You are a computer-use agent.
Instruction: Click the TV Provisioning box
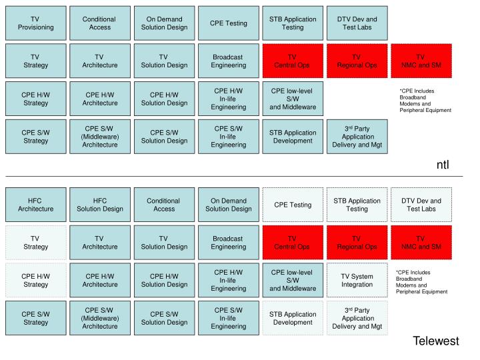click(x=36, y=23)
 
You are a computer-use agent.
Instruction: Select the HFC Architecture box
click(x=36, y=205)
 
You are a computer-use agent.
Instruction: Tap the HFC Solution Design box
click(x=100, y=205)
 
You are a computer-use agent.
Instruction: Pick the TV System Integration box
click(x=357, y=280)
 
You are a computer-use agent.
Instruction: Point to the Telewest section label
click(x=436, y=341)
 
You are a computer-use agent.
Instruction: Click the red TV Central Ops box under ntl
click(x=292, y=61)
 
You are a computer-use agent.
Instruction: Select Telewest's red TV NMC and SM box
click(x=421, y=243)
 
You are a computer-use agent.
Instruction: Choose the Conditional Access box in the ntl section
click(x=99, y=23)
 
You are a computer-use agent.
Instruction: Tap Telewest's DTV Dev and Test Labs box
click(x=421, y=205)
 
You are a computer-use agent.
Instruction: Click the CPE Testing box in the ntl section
click(x=229, y=23)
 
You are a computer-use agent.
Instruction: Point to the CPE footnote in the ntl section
click(x=425, y=100)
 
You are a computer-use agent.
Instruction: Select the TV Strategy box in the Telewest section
click(x=36, y=243)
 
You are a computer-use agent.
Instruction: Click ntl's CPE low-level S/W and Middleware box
click(x=292, y=99)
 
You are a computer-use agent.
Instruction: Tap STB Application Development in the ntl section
click(x=292, y=137)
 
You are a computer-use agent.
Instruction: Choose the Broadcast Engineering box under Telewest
click(x=229, y=243)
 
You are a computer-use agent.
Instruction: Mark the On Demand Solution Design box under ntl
click(x=164, y=23)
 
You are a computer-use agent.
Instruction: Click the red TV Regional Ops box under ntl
click(x=356, y=61)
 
